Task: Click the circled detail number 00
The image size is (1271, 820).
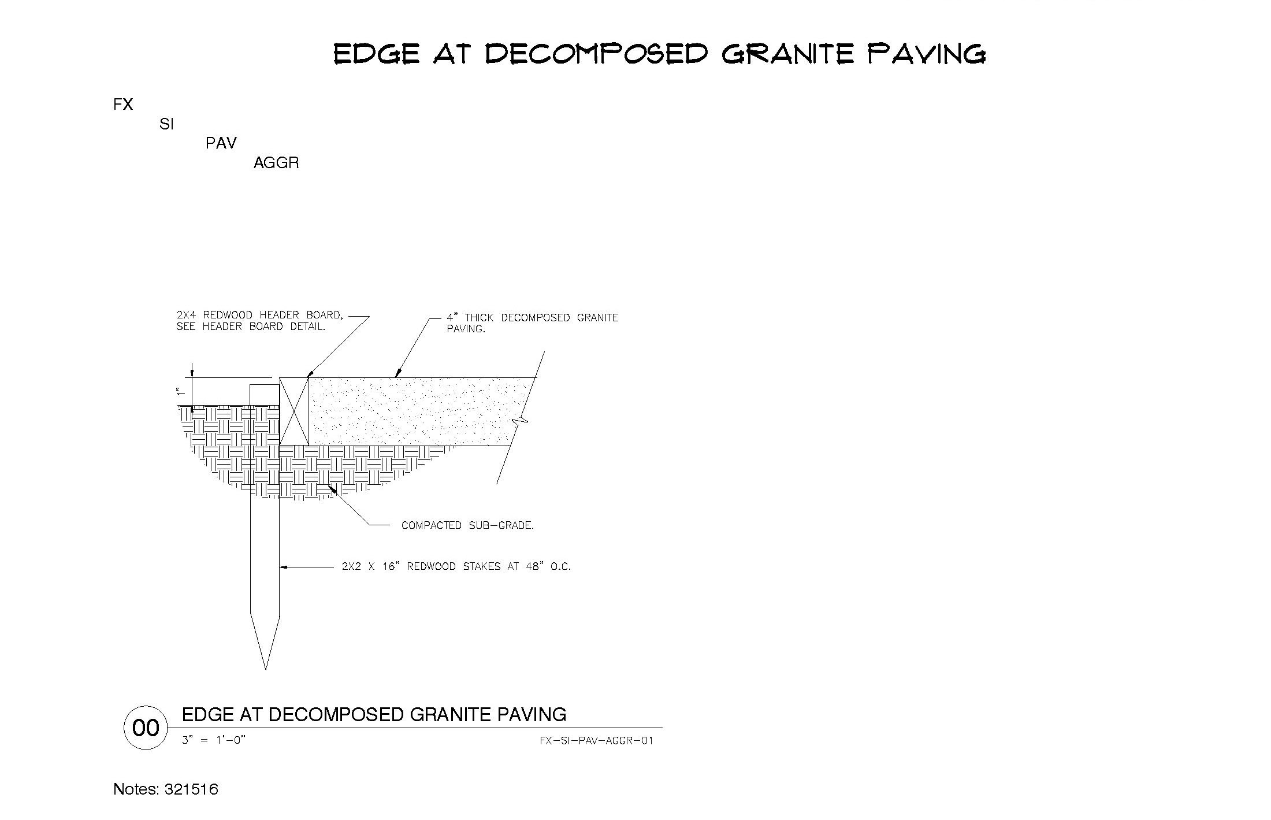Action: [x=146, y=728]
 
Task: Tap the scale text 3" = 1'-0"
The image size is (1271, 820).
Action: [x=214, y=740]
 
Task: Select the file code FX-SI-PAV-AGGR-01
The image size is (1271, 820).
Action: [x=596, y=741]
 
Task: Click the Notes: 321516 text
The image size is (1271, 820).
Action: [x=166, y=789]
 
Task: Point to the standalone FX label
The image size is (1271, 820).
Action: [x=123, y=105]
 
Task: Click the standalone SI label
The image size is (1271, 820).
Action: [x=166, y=124]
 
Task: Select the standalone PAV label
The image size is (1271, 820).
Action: [x=221, y=143]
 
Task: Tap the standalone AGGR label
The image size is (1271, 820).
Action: [x=276, y=163]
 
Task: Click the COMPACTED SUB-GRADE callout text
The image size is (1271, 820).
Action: [x=467, y=525]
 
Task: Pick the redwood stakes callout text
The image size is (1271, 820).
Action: [x=456, y=566]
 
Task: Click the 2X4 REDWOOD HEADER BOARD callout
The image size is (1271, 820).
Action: [x=260, y=321]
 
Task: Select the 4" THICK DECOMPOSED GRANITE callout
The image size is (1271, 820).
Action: [x=532, y=323]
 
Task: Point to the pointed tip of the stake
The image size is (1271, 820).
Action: [x=266, y=669]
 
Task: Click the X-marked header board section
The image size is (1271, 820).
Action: [x=294, y=411]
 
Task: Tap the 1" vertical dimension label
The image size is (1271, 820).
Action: [x=180, y=391]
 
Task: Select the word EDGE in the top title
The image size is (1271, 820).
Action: [x=376, y=54]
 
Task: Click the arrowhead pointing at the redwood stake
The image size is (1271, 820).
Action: [x=284, y=567]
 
